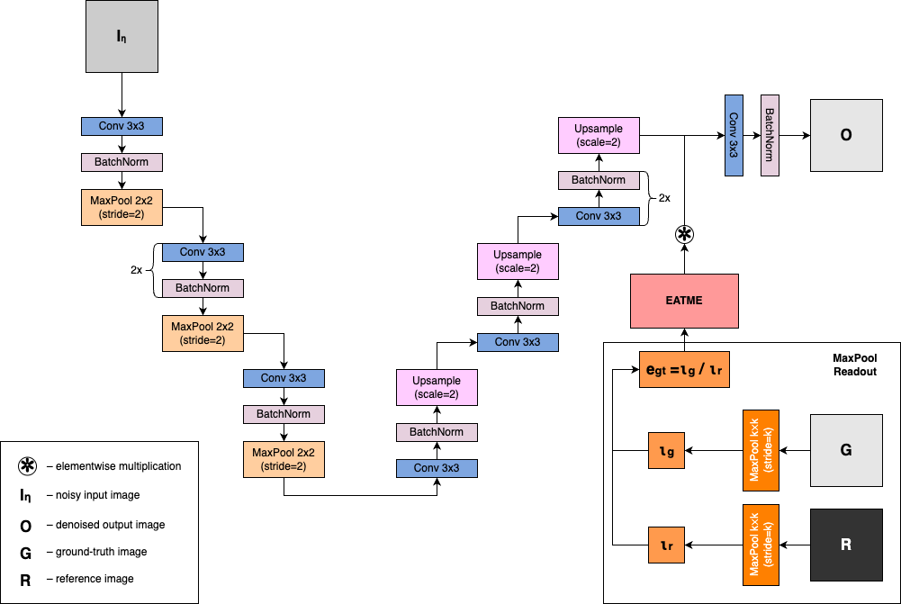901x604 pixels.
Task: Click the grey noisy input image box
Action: [122, 37]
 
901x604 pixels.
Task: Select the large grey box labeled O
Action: [846, 135]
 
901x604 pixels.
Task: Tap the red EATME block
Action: [684, 301]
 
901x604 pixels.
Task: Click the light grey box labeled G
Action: [846, 450]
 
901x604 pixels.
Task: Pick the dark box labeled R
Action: [846, 545]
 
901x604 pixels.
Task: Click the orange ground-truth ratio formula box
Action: [684, 370]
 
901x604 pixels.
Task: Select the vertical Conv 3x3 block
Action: [734, 135]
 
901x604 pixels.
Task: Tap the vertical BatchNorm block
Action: [770, 135]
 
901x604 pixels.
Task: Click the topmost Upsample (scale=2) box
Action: [599, 135]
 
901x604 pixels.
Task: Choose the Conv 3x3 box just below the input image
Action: [122, 126]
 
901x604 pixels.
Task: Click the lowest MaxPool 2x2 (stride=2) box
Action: [284, 459]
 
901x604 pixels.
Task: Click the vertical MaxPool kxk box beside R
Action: [761, 545]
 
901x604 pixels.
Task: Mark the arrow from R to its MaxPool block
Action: [795, 545]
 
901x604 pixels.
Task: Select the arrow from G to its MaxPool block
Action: [795, 450]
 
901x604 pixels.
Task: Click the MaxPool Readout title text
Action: [854, 365]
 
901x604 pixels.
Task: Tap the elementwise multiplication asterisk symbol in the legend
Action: [28, 466]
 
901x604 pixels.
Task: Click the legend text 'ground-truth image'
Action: [101, 552]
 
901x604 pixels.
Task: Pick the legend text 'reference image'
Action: [95, 579]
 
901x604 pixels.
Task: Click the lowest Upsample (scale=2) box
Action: [437, 387]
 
